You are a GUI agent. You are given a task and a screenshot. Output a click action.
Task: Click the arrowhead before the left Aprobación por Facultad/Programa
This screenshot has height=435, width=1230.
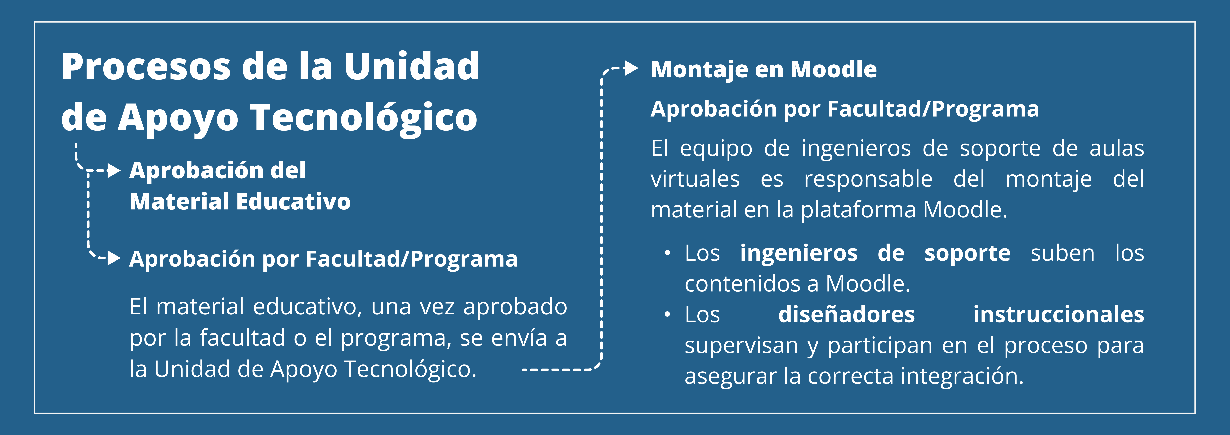[114, 258]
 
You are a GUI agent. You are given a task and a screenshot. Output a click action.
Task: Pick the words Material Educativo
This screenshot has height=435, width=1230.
[240, 201]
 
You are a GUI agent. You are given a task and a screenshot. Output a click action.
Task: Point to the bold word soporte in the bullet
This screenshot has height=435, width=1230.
[967, 253]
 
